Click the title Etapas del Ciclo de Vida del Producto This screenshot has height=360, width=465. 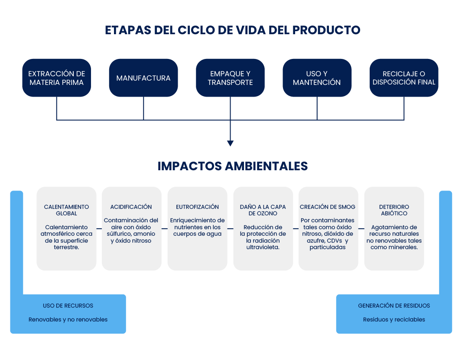232,30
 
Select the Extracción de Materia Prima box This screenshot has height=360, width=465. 56,78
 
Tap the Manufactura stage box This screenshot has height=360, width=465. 143,78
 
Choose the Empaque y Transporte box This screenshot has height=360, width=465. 230,78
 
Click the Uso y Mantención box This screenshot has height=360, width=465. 317,78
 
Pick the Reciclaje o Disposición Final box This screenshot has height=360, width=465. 404,78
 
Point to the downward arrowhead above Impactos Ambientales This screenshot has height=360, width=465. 230,143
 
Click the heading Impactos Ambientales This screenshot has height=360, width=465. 232,166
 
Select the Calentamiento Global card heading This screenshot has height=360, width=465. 66,210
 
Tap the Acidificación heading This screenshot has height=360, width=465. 131,207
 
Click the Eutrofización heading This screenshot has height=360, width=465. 197,207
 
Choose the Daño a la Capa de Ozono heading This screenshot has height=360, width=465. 263,210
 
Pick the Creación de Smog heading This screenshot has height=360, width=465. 328,207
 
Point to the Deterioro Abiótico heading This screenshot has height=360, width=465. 394,210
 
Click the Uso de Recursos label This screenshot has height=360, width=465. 68,305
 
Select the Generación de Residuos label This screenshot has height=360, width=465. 394,305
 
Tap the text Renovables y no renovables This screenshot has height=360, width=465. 68,320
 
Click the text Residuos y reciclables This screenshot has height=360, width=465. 394,320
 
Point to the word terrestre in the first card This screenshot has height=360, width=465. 66,247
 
